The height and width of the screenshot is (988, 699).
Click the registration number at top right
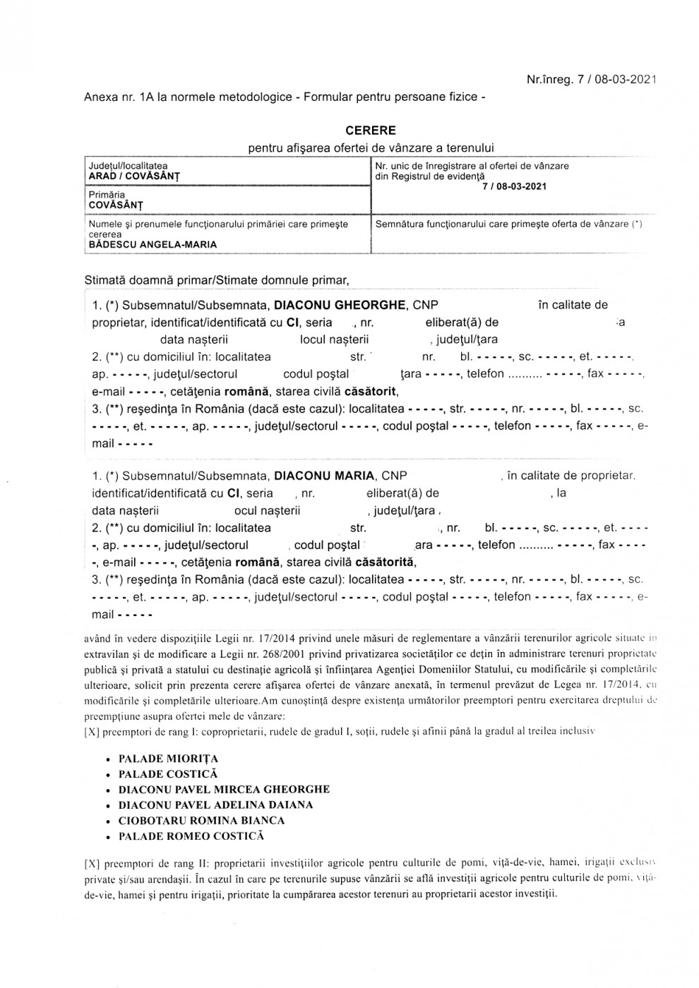592,80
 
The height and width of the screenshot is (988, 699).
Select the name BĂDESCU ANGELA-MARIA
153,244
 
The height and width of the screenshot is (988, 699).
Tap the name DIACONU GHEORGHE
340,305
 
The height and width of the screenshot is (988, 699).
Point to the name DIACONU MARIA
324,476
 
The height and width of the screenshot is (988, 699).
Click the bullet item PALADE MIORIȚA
168,759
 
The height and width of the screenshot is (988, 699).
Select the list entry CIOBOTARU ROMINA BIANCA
201,821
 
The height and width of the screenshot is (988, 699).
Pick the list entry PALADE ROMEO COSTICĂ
191,836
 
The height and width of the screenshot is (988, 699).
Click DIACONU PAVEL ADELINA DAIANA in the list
215,805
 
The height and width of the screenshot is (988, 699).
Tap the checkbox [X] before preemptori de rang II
91,862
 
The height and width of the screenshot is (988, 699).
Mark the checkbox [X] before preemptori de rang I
91,732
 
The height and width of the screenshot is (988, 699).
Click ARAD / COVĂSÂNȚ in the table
134,176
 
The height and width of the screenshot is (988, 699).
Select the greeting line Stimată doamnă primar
217,280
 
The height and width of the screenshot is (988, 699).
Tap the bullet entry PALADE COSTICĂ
168,774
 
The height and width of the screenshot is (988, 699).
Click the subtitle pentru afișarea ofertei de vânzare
371,147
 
